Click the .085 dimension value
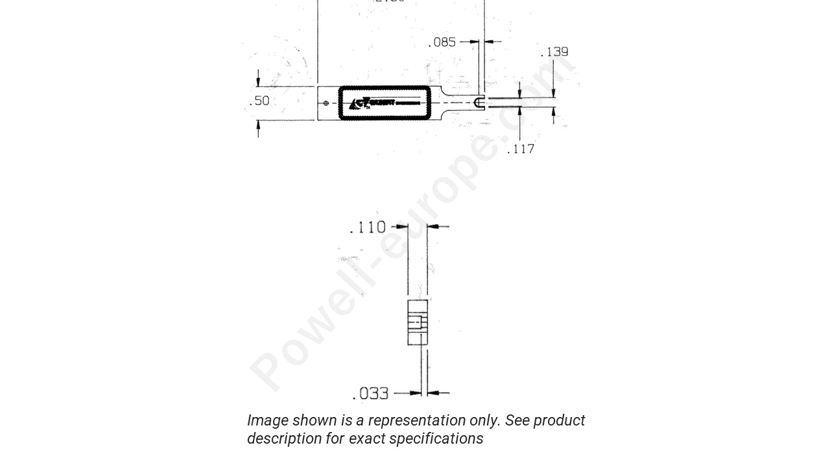pos(442,42)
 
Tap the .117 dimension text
pos(521,149)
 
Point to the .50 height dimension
pos(259,101)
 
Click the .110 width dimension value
pos(368,228)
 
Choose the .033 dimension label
pos(370,394)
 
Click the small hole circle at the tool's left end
pos(326,103)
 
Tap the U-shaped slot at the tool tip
pos(479,102)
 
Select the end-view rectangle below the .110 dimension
pos(418,322)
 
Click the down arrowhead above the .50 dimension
pos(258,82)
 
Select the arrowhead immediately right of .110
pos(403,227)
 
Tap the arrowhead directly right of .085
pos(474,42)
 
